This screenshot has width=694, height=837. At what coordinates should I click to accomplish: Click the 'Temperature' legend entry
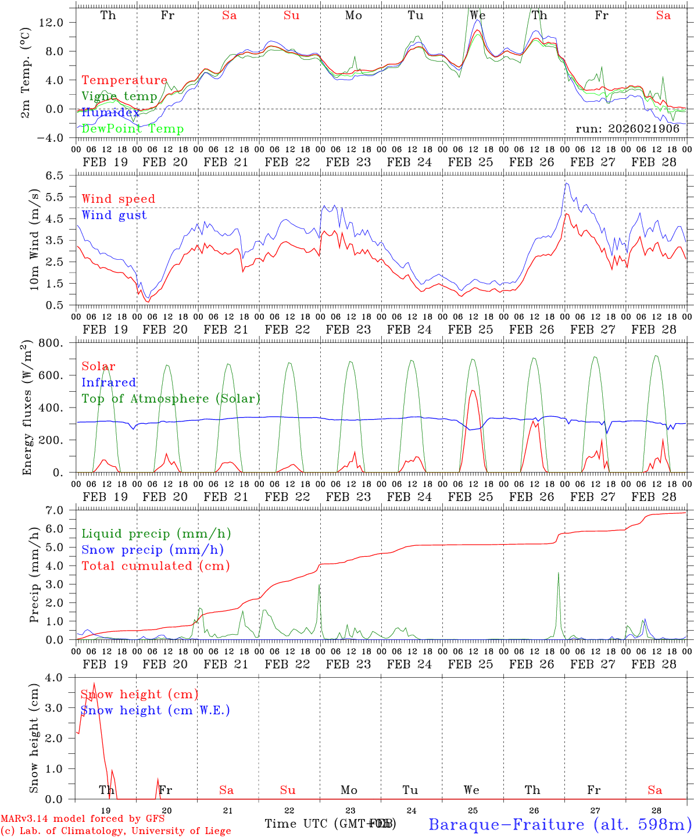tap(124, 80)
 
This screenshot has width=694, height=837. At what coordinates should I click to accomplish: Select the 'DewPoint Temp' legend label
tap(133, 129)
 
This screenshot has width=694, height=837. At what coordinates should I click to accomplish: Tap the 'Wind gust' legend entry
tap(114, 215)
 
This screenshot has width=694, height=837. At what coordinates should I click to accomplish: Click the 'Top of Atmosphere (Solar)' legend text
tap(171, 399)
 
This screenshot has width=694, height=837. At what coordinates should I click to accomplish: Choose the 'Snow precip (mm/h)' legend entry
tap(152, 550)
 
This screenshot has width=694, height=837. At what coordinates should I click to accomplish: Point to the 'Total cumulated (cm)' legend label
tap(155, 566)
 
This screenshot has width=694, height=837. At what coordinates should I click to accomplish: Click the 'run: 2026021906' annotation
tap(628, 129)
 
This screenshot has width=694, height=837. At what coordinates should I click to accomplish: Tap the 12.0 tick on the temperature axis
tap(58, 22)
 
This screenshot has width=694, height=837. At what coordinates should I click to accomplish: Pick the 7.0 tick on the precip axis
tap(60, 510)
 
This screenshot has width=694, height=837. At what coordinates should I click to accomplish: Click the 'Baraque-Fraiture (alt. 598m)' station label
tap(560, 824)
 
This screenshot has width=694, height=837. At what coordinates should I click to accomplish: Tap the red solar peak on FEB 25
tap(473, 391)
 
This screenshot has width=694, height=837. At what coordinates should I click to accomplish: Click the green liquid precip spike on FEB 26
tap(559, 573)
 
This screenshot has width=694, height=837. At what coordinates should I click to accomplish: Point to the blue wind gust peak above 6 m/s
tap(566, 184)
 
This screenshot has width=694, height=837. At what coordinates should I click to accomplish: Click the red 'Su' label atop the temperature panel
tap(291, 16)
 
